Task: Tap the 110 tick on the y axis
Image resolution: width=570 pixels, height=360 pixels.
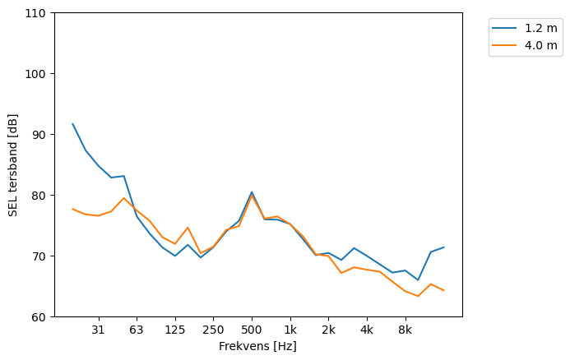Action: click(x=38, y=13)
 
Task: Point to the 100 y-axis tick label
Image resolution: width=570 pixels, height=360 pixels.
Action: click(x=38, y=74)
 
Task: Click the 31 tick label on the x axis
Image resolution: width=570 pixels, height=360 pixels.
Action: click(x=98, y=330)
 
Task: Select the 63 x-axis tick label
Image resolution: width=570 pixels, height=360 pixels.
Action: click(x=137, y=330)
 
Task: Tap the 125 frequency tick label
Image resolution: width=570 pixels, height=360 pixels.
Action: click(x=174, y=330)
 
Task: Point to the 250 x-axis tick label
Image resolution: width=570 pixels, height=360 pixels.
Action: click(x=213, y=330)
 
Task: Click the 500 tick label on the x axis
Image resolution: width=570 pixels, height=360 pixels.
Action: click(x=252, y=330)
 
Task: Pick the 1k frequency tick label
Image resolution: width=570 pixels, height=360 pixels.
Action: click(x=290, y=330)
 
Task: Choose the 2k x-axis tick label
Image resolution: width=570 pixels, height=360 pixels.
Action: click(x=328, y=330)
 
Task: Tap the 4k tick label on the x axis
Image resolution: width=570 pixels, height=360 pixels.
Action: click(x=367, y=330)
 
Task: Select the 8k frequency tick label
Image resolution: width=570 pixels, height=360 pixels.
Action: click(x=405, y=330)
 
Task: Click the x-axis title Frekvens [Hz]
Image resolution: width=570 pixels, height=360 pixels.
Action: click(x=257, y=347)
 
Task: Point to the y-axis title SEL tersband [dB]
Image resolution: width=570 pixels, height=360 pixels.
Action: click(x=12, y=164)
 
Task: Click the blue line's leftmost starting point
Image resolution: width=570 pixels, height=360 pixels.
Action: click(x=72, y=124)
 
